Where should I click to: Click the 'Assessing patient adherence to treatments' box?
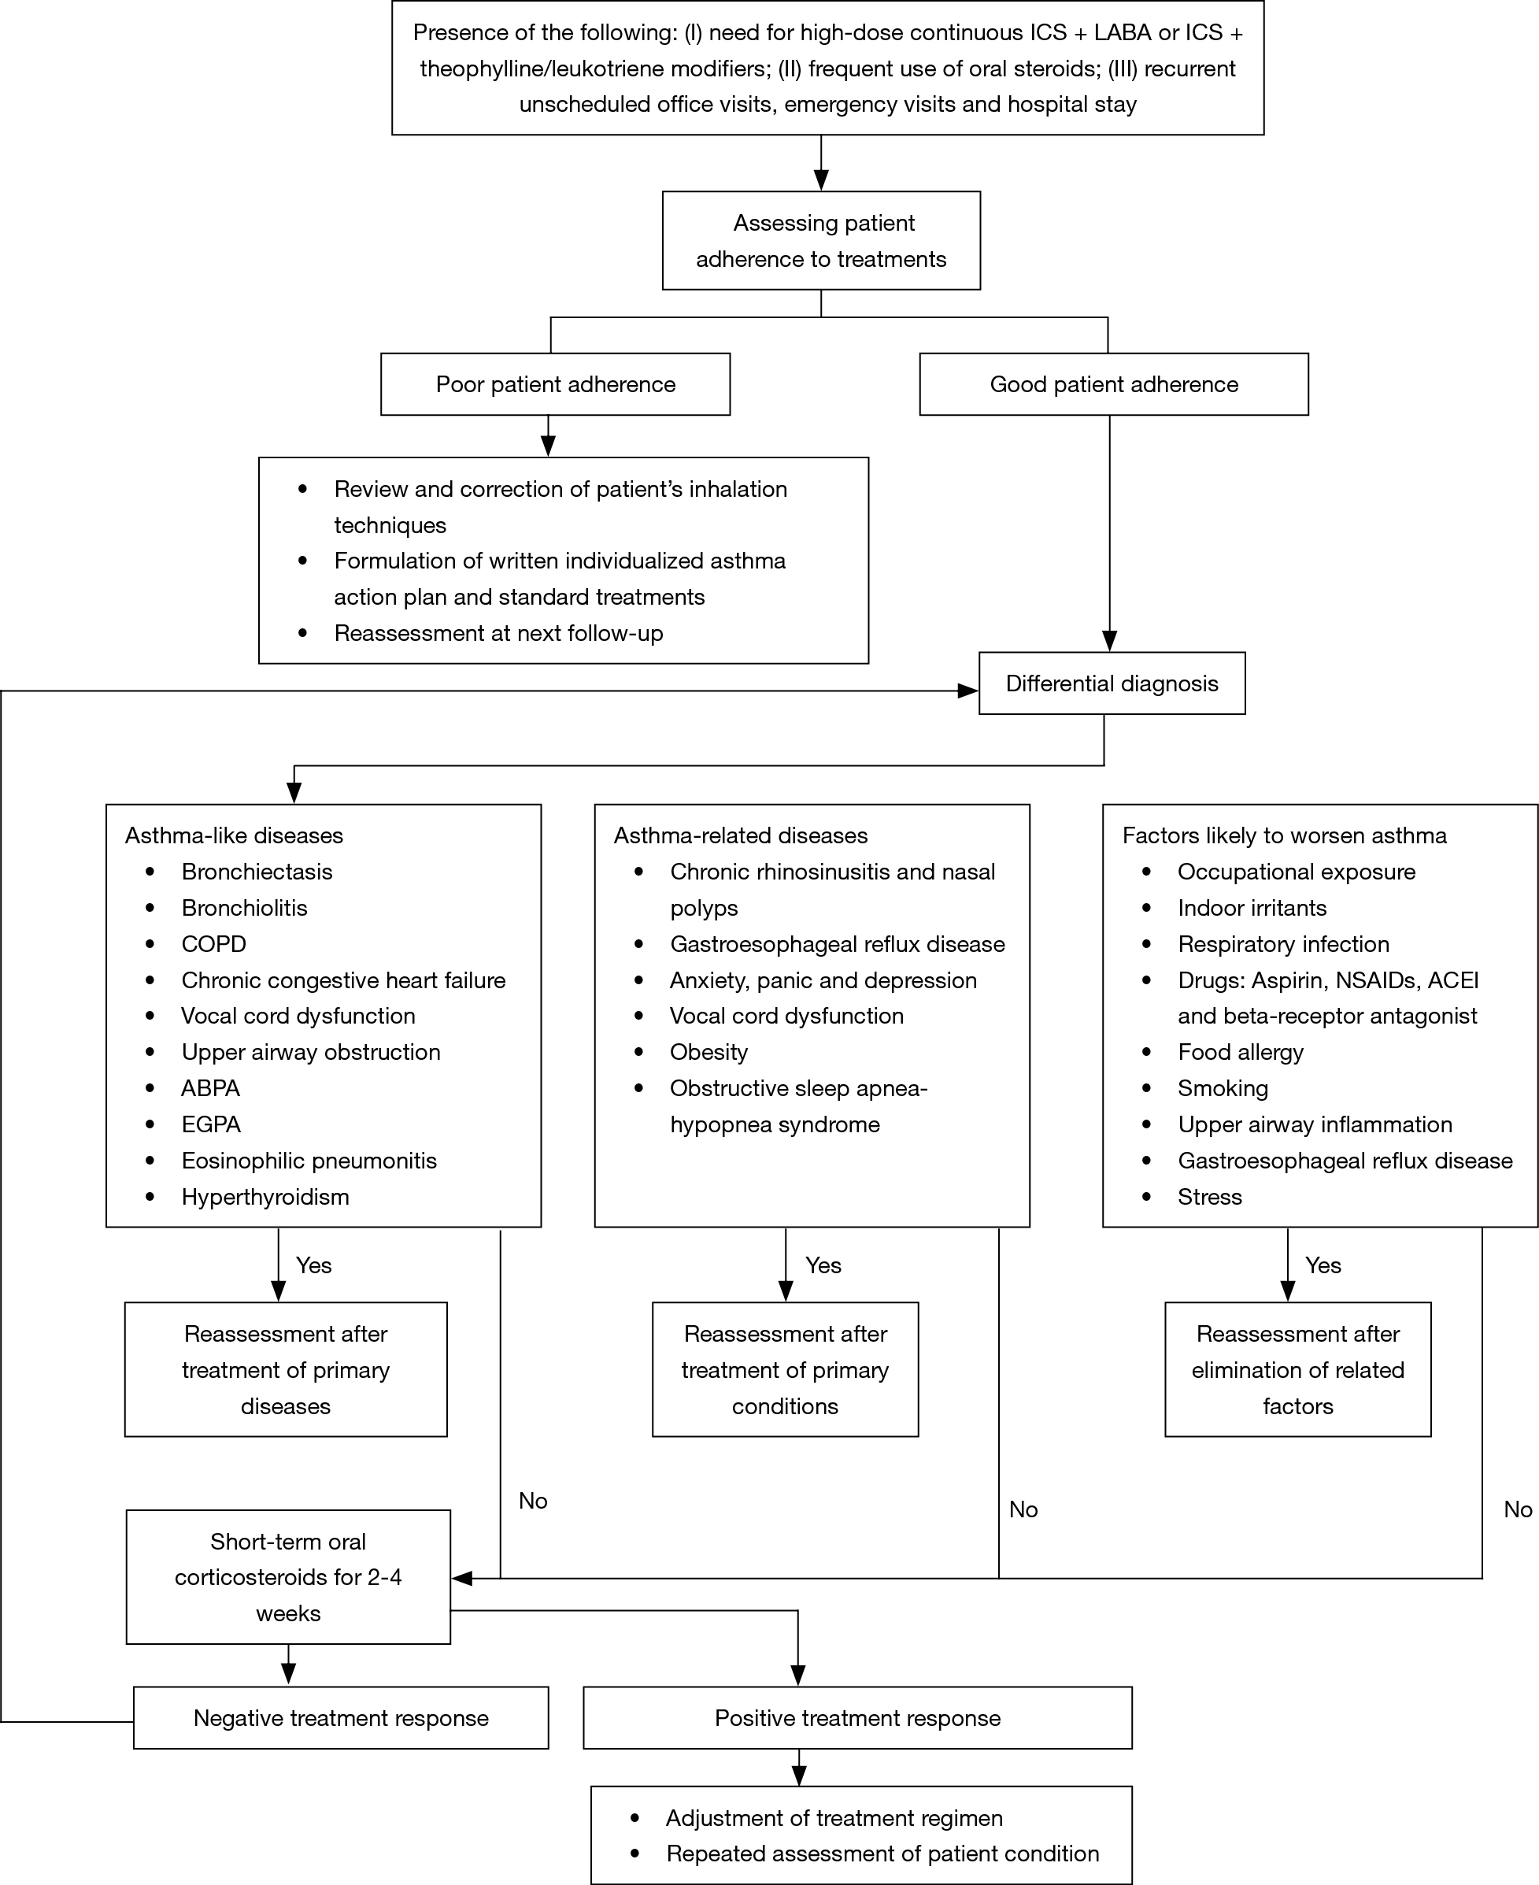coord(821,240)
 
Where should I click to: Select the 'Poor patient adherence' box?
coord(555,384)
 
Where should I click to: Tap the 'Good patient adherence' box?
coord(1113,384)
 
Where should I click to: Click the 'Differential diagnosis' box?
coord(1112,683)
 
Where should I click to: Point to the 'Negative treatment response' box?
coord(340,1717)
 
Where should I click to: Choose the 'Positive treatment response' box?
coord(857,1717)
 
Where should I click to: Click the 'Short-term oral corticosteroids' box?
coord(288,1577)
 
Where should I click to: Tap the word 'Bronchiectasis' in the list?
coord(257,872)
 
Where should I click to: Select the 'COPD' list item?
coord(213,943)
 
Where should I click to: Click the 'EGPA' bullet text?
coord(211,1124)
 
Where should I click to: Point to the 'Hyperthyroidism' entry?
coord(265,1197)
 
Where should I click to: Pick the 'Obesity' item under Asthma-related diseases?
coord(708,1053)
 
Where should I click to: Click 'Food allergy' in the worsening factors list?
coord(1240,1053)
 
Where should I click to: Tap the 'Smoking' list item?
coord(1223,1089)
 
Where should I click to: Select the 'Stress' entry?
coord(1209,1197)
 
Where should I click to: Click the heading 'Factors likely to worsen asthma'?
coord(1284,835)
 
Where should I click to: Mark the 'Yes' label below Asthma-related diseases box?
coord(823,1265)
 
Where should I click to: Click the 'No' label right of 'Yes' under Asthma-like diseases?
coord(533,1501)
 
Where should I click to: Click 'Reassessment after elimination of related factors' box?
coord(1297,1370)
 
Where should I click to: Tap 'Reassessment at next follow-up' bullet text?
coord(498,633)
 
